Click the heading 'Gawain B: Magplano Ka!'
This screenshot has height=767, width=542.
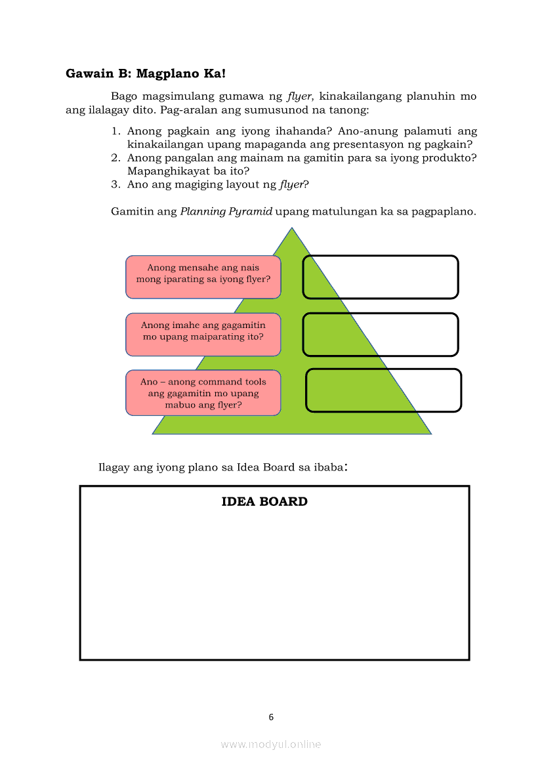(x=146, y=73)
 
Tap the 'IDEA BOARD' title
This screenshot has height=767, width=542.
(x=264, y=502)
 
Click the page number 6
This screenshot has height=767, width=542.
(x=271, y=717)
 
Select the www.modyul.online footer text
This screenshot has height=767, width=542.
(x=271, y=744)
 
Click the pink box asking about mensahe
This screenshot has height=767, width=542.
(x=203, y=277)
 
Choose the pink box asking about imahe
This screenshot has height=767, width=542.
(x=203, y=335)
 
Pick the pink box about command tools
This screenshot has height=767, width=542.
(x=203, y=393)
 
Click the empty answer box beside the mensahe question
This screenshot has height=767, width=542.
(x=381, y=277)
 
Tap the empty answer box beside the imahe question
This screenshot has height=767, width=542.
(x=381, y=335)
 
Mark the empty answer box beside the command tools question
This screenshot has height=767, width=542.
(x=384, y=390)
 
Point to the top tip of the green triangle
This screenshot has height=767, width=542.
(x=292, y=229)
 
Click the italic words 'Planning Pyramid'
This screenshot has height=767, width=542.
(x=226, y=213)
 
